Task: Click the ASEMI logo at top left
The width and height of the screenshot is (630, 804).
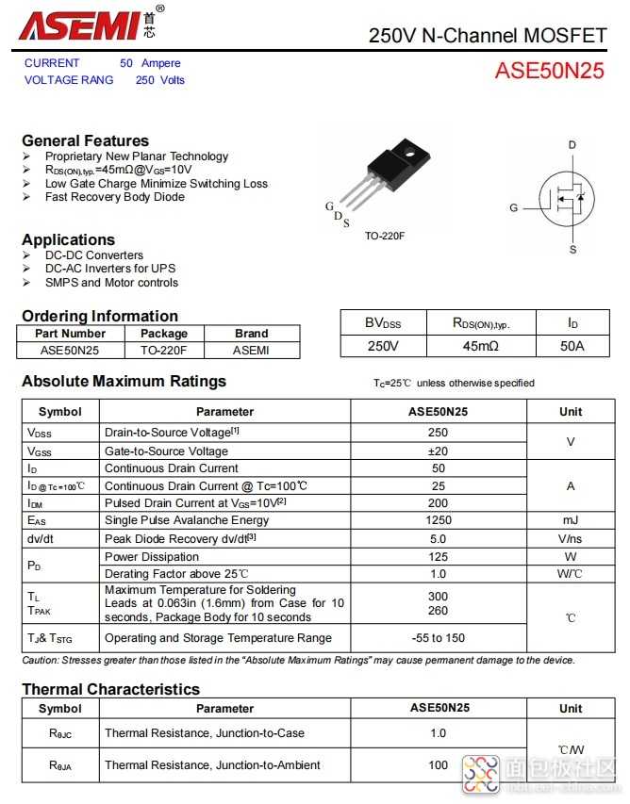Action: click(x=80, y=25)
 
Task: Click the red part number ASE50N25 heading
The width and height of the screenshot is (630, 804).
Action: click(x=549, y=72)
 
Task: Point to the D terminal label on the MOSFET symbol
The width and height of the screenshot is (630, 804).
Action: click(x=572, y=145)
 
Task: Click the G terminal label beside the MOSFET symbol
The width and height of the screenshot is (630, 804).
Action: click(x=514, y=207)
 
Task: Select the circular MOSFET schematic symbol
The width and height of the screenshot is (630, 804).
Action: click(x=567, y=199)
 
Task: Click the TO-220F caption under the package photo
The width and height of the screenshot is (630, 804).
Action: click(x=385, y=236)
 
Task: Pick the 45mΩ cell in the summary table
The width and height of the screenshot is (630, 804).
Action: click(x=480, y=346)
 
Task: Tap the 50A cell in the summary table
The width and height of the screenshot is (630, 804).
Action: click(x=572, y=346)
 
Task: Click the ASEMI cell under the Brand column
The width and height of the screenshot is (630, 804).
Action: click(x=251, y=350)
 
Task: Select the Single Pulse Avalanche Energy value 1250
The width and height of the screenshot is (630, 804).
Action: click(x=438, y=520)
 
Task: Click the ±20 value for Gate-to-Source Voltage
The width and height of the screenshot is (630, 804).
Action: click(x=438, y=451)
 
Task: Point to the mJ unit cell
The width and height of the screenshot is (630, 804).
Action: click(x=570, y=520)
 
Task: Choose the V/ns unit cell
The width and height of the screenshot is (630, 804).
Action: click(x=570, y=538)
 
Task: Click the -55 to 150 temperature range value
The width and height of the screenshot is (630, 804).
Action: click(x=438, y=638)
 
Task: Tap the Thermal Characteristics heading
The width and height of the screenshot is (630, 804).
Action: click(x=110, y=689)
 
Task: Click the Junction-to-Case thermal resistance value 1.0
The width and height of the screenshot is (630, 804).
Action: click(x=438, y=733)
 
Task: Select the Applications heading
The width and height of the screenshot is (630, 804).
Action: click(x=68, y=239)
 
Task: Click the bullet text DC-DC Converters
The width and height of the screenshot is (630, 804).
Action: click(x=94, y=255)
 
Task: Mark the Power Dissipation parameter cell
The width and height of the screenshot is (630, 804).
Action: click(x=147, y=556)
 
